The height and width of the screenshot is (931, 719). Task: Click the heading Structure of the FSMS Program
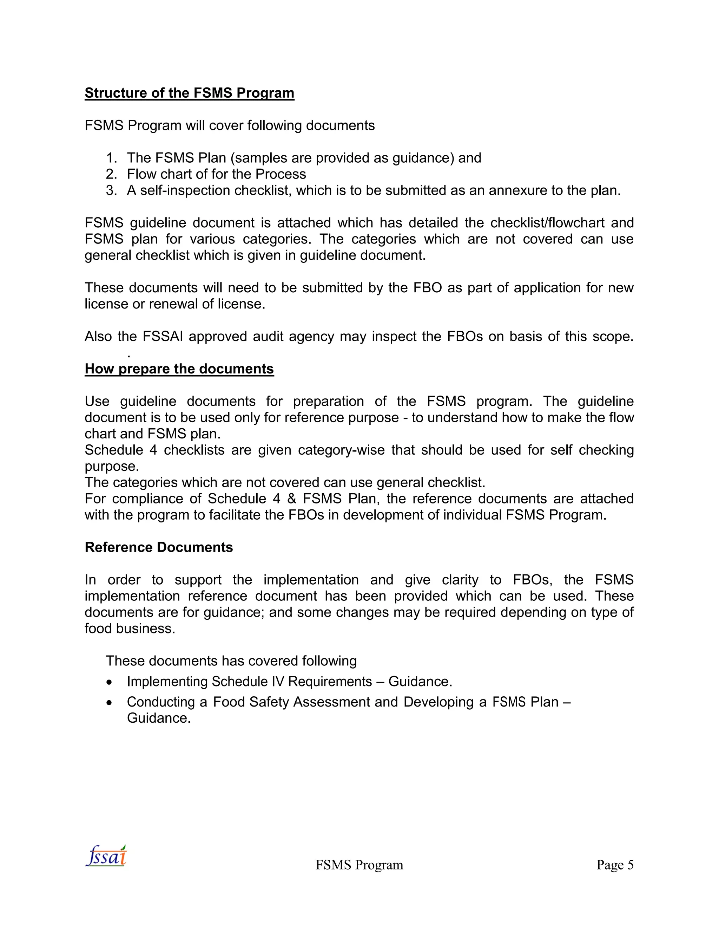[189, 93]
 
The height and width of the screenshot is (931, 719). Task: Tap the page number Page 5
[615, 865]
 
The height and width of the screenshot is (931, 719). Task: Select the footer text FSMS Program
[359, 865]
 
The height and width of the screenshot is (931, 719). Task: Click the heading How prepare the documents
[179, 369]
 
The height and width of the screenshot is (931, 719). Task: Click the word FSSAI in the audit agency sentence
[163, 337]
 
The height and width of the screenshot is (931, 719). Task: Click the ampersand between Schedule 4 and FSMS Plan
[291, 499]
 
